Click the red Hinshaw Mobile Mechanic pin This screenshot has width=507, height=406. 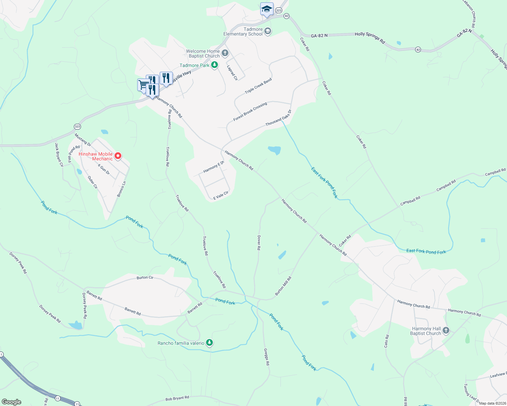pyautogui.click(x=118, y=156)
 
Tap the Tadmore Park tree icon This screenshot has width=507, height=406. pyautogui.click(x=214, y=65)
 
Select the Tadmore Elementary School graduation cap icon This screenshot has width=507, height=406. pyautogui.click(x=268, y=31)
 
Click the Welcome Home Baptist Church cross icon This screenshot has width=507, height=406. pyautogui.click(x=225, y=53)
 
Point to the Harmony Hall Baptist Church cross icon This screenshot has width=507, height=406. pyautogui.click(x=446, y=331)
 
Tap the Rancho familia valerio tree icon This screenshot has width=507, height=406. pyautogui.click(x=210, y=343)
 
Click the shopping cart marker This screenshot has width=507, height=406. pyautogui.click(x=143, y=84)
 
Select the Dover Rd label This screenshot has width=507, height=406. pyautogui.click(x=259, y=243)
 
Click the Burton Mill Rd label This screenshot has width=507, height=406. pyautogui.click(x=283, y=286)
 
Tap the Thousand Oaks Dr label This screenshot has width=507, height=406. pyautogui.click(x=278, y=118)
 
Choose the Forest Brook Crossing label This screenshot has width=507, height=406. pyautogui.click(x=250, y=111)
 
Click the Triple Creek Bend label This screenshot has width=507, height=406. pyautogui.click(x=258, y=86)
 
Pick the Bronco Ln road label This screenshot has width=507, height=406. pyautogui.click(x=122, y=189)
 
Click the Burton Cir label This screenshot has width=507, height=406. pyautogui.click(x=145, y=277)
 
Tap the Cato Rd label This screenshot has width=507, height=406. pyautogui.click(x=387, y=341)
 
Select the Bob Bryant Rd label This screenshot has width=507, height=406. pyautogui.click(x=177, y=399)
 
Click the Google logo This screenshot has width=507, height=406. pyautogui.click(x=12, y=402)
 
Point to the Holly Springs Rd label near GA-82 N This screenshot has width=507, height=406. pyautogui.click(x=370, y=38)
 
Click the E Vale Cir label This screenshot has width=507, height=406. pyautogui.click(x=221, y=195)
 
